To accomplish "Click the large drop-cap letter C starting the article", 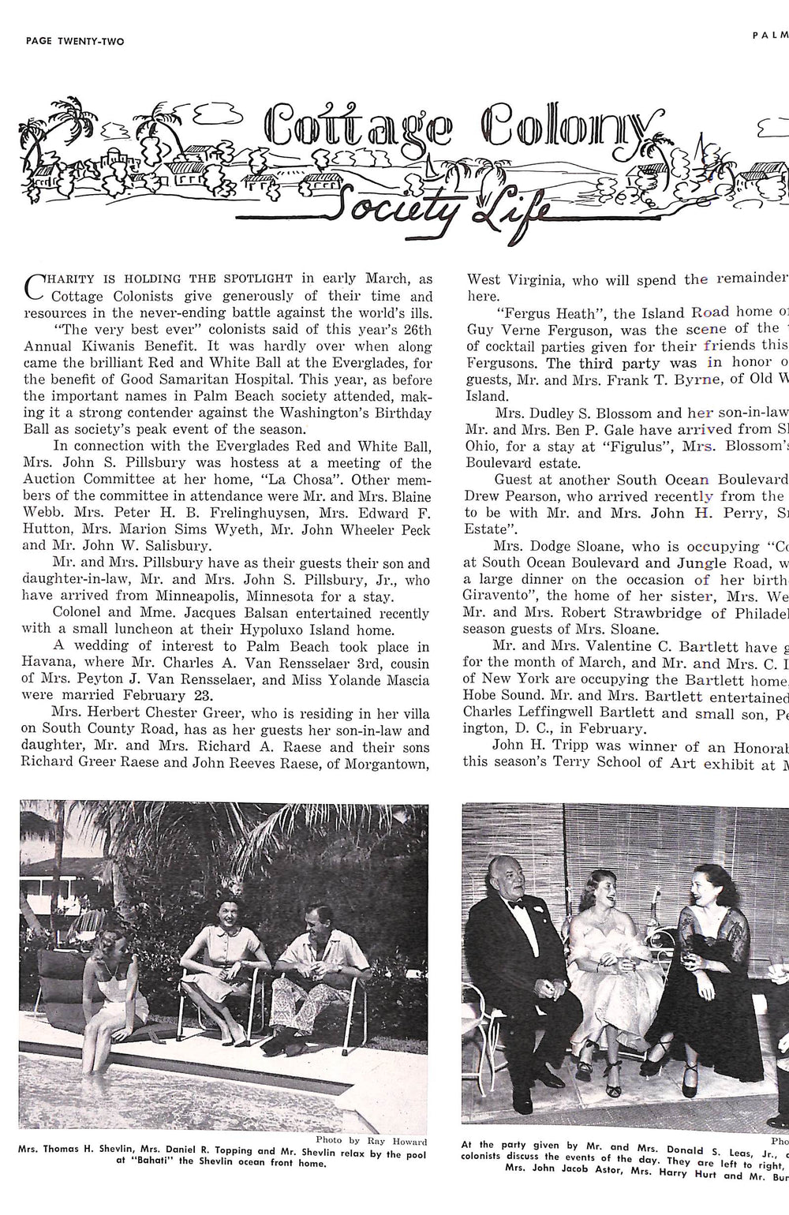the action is pyautogui.click(x=35, y=288).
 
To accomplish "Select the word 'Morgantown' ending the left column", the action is pyautogui.click(x=388, y=763).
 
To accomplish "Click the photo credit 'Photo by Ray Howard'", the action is pyautogui.click(x=371, y=1141).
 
